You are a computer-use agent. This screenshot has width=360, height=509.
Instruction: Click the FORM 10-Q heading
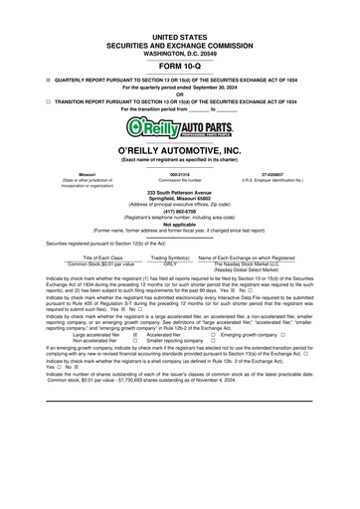pos(180,67)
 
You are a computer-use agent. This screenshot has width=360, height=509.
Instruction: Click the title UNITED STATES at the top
pos(180,35)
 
